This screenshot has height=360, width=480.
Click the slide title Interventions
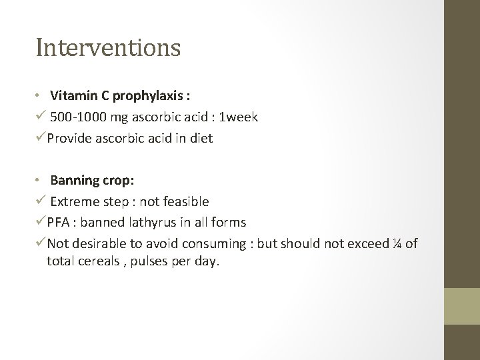(108, 47)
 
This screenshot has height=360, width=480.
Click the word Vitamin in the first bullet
(70, 95)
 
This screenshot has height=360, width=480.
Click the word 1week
(240, 117)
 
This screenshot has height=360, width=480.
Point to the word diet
(200, 139)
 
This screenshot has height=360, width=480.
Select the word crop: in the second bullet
(117, 180)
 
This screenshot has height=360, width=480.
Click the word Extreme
(74, 201)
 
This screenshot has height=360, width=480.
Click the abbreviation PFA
(59, 222)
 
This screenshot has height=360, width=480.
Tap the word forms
(229, 222)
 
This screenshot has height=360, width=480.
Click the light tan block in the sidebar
(463, 306)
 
